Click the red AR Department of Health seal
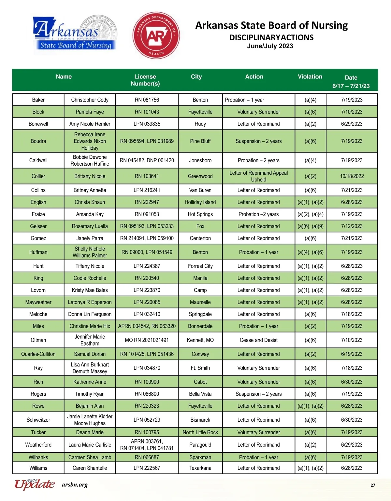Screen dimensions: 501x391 click(156, 35)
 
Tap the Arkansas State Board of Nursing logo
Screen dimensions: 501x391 click(75, 34)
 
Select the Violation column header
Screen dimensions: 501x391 click(310, 77)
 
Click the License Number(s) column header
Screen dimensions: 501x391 click(145, 80)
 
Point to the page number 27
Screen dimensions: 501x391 click(373, 485)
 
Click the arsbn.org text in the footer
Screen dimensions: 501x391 click(75, 485)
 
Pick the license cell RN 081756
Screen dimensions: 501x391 click(147, 100)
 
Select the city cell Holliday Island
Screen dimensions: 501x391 click(200, 202)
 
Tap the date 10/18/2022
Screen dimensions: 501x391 click(352, 176)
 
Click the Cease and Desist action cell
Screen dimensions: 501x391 click(258, 340)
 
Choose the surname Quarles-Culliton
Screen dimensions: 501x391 click(38, 354)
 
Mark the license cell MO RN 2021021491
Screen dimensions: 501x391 click(147, 340)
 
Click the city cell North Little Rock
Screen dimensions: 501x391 click(200, 432)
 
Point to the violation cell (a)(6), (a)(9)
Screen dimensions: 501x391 click(310, 226)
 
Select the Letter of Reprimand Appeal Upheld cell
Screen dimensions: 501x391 click(258, 176)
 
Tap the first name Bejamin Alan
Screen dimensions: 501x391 click(90, 406)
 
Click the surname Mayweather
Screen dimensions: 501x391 click(38, 302)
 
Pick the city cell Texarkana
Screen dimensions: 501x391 click(200, 468)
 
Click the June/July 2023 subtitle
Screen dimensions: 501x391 click(270, 46)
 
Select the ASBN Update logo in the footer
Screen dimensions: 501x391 click(35, 484)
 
